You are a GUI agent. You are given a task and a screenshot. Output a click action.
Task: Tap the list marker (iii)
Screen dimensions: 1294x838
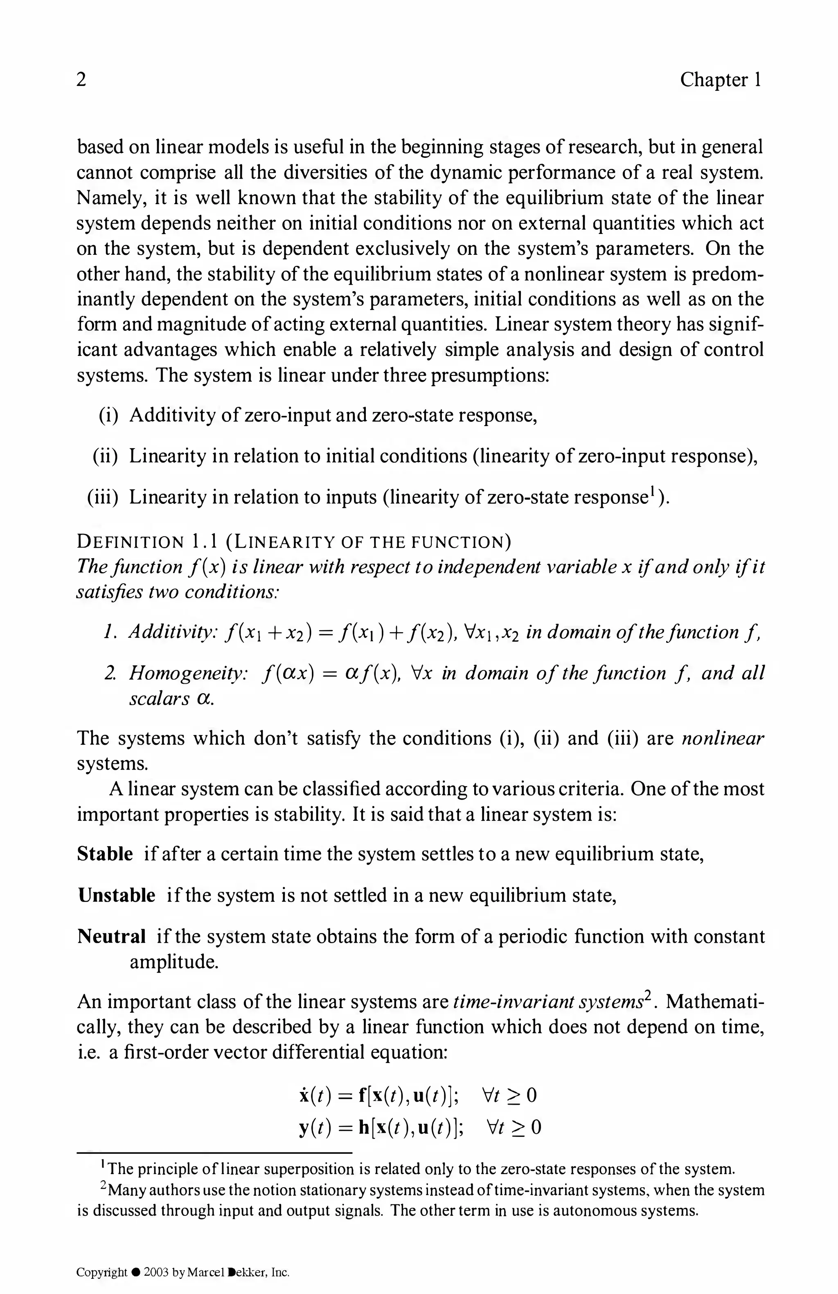pos(104,497)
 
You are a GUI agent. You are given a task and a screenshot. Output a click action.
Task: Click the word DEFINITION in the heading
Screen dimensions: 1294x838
pos(131,542)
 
